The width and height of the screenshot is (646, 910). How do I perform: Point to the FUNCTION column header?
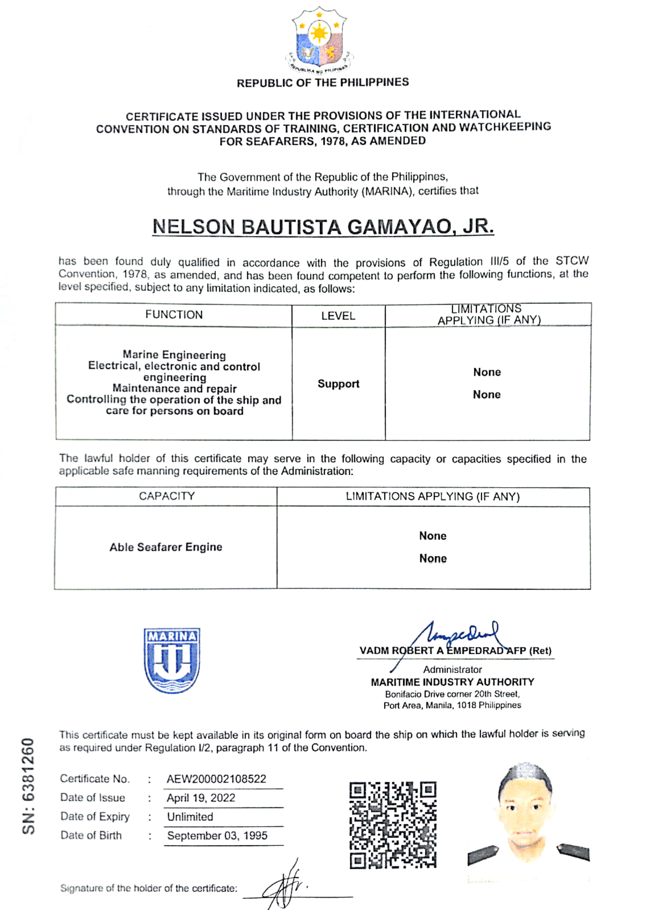174,315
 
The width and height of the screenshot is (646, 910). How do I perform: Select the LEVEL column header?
338,316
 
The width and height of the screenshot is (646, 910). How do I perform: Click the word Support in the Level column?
338,384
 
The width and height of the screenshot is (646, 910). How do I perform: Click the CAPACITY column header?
167,496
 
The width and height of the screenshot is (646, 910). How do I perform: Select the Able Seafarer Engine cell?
166,547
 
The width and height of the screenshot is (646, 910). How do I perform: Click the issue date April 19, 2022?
201,798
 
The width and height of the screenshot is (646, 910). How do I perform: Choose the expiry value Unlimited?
190,817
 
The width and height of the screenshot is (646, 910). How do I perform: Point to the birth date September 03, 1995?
217,836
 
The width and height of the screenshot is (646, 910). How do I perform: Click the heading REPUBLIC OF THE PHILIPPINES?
323,83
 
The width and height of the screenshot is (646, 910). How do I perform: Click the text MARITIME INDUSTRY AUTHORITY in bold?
452,682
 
